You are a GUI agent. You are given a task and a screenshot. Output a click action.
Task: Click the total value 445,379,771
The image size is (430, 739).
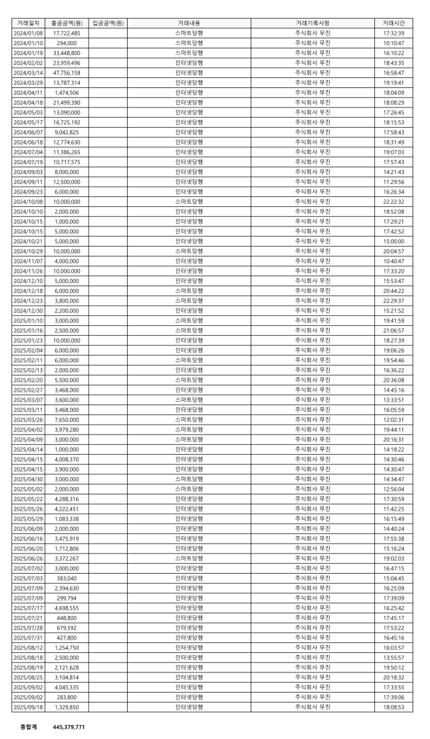69,726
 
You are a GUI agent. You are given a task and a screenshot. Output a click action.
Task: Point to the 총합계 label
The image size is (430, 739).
29,726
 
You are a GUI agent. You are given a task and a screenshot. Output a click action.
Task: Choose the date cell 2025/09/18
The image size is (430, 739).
28,707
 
